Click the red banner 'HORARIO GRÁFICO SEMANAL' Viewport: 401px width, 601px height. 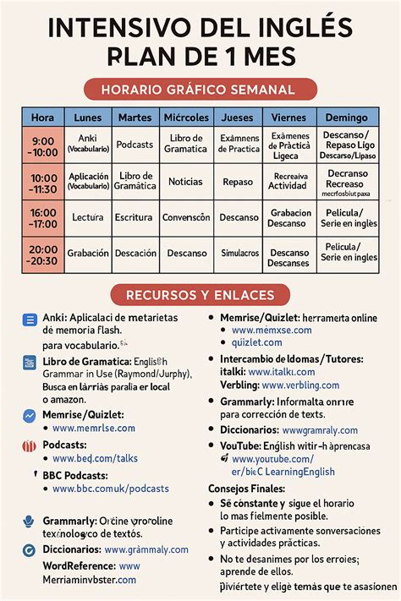pos(200,90)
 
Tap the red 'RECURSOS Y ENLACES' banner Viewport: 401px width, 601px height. pos(200,295)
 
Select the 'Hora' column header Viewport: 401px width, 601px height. pos(42,117)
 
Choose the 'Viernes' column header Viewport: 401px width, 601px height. pos(290,117)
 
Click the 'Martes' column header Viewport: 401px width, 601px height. pos(135,117)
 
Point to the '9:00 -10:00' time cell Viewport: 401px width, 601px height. pos(43,146)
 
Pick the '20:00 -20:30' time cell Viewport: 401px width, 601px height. pos(43,254)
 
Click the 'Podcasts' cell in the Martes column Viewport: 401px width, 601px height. pos(135,145)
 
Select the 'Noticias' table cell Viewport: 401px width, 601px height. pos(185,182)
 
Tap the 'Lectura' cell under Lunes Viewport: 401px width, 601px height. pos(88,217)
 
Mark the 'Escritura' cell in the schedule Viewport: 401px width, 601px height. pos(135,217)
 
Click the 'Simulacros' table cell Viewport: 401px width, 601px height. pos(239,254)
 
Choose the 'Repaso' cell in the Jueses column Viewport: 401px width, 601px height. pos(239,182)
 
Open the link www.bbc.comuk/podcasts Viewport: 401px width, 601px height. pos(110,489)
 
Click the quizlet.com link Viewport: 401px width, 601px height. pos(257,342)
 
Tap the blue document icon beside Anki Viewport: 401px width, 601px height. pos(30,320)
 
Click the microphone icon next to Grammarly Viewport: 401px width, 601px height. pos(29,522)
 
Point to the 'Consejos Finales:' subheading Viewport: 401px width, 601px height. pos(247,489)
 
